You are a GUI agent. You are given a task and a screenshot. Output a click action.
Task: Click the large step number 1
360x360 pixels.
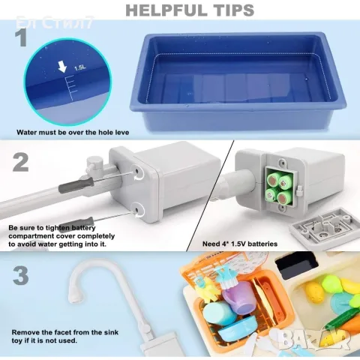pos(21,38)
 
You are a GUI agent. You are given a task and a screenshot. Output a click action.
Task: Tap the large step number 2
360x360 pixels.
pos(21,163)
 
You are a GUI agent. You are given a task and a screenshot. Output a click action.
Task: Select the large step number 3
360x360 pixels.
pos(20,276)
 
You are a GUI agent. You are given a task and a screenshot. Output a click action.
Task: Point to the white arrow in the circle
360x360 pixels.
pos(62,67)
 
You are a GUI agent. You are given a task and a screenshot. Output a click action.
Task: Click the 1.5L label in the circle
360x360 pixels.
pos(80,67)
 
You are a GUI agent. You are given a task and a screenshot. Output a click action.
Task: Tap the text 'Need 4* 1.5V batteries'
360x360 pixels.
pos(240,244)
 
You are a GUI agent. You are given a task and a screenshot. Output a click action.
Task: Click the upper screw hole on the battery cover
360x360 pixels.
pos(137,172)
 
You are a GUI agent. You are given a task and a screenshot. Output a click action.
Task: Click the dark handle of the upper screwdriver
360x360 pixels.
pos(76,185)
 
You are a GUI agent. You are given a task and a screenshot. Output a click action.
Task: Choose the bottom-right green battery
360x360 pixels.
pos(284,197)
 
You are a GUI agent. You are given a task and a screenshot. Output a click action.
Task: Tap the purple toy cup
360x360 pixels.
pos(236,298)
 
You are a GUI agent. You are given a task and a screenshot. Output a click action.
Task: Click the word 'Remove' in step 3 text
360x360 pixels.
pos(25,332)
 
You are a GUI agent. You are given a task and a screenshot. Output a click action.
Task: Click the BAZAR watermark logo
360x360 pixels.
pos(314,337)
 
